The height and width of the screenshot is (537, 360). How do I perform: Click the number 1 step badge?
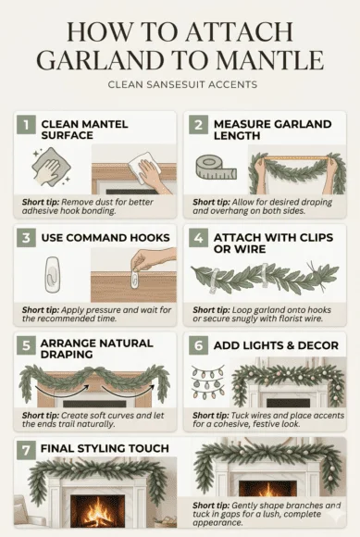pos(27,124)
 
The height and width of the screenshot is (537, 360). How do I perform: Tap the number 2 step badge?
pos(199,124)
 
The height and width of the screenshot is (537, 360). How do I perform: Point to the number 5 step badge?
pos(27,345)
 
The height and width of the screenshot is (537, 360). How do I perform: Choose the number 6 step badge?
pos(199,345)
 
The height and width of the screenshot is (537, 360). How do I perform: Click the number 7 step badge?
pos(27,448)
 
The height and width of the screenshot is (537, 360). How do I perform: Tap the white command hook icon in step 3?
pos(52,275)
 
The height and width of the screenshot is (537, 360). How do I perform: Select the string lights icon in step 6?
pos(208,381)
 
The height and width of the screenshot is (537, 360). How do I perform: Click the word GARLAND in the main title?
pos(96,60)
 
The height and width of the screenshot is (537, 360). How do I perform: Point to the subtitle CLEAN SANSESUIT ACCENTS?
pos(180,86)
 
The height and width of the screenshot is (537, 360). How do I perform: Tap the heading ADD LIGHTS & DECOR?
pos(274,345)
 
